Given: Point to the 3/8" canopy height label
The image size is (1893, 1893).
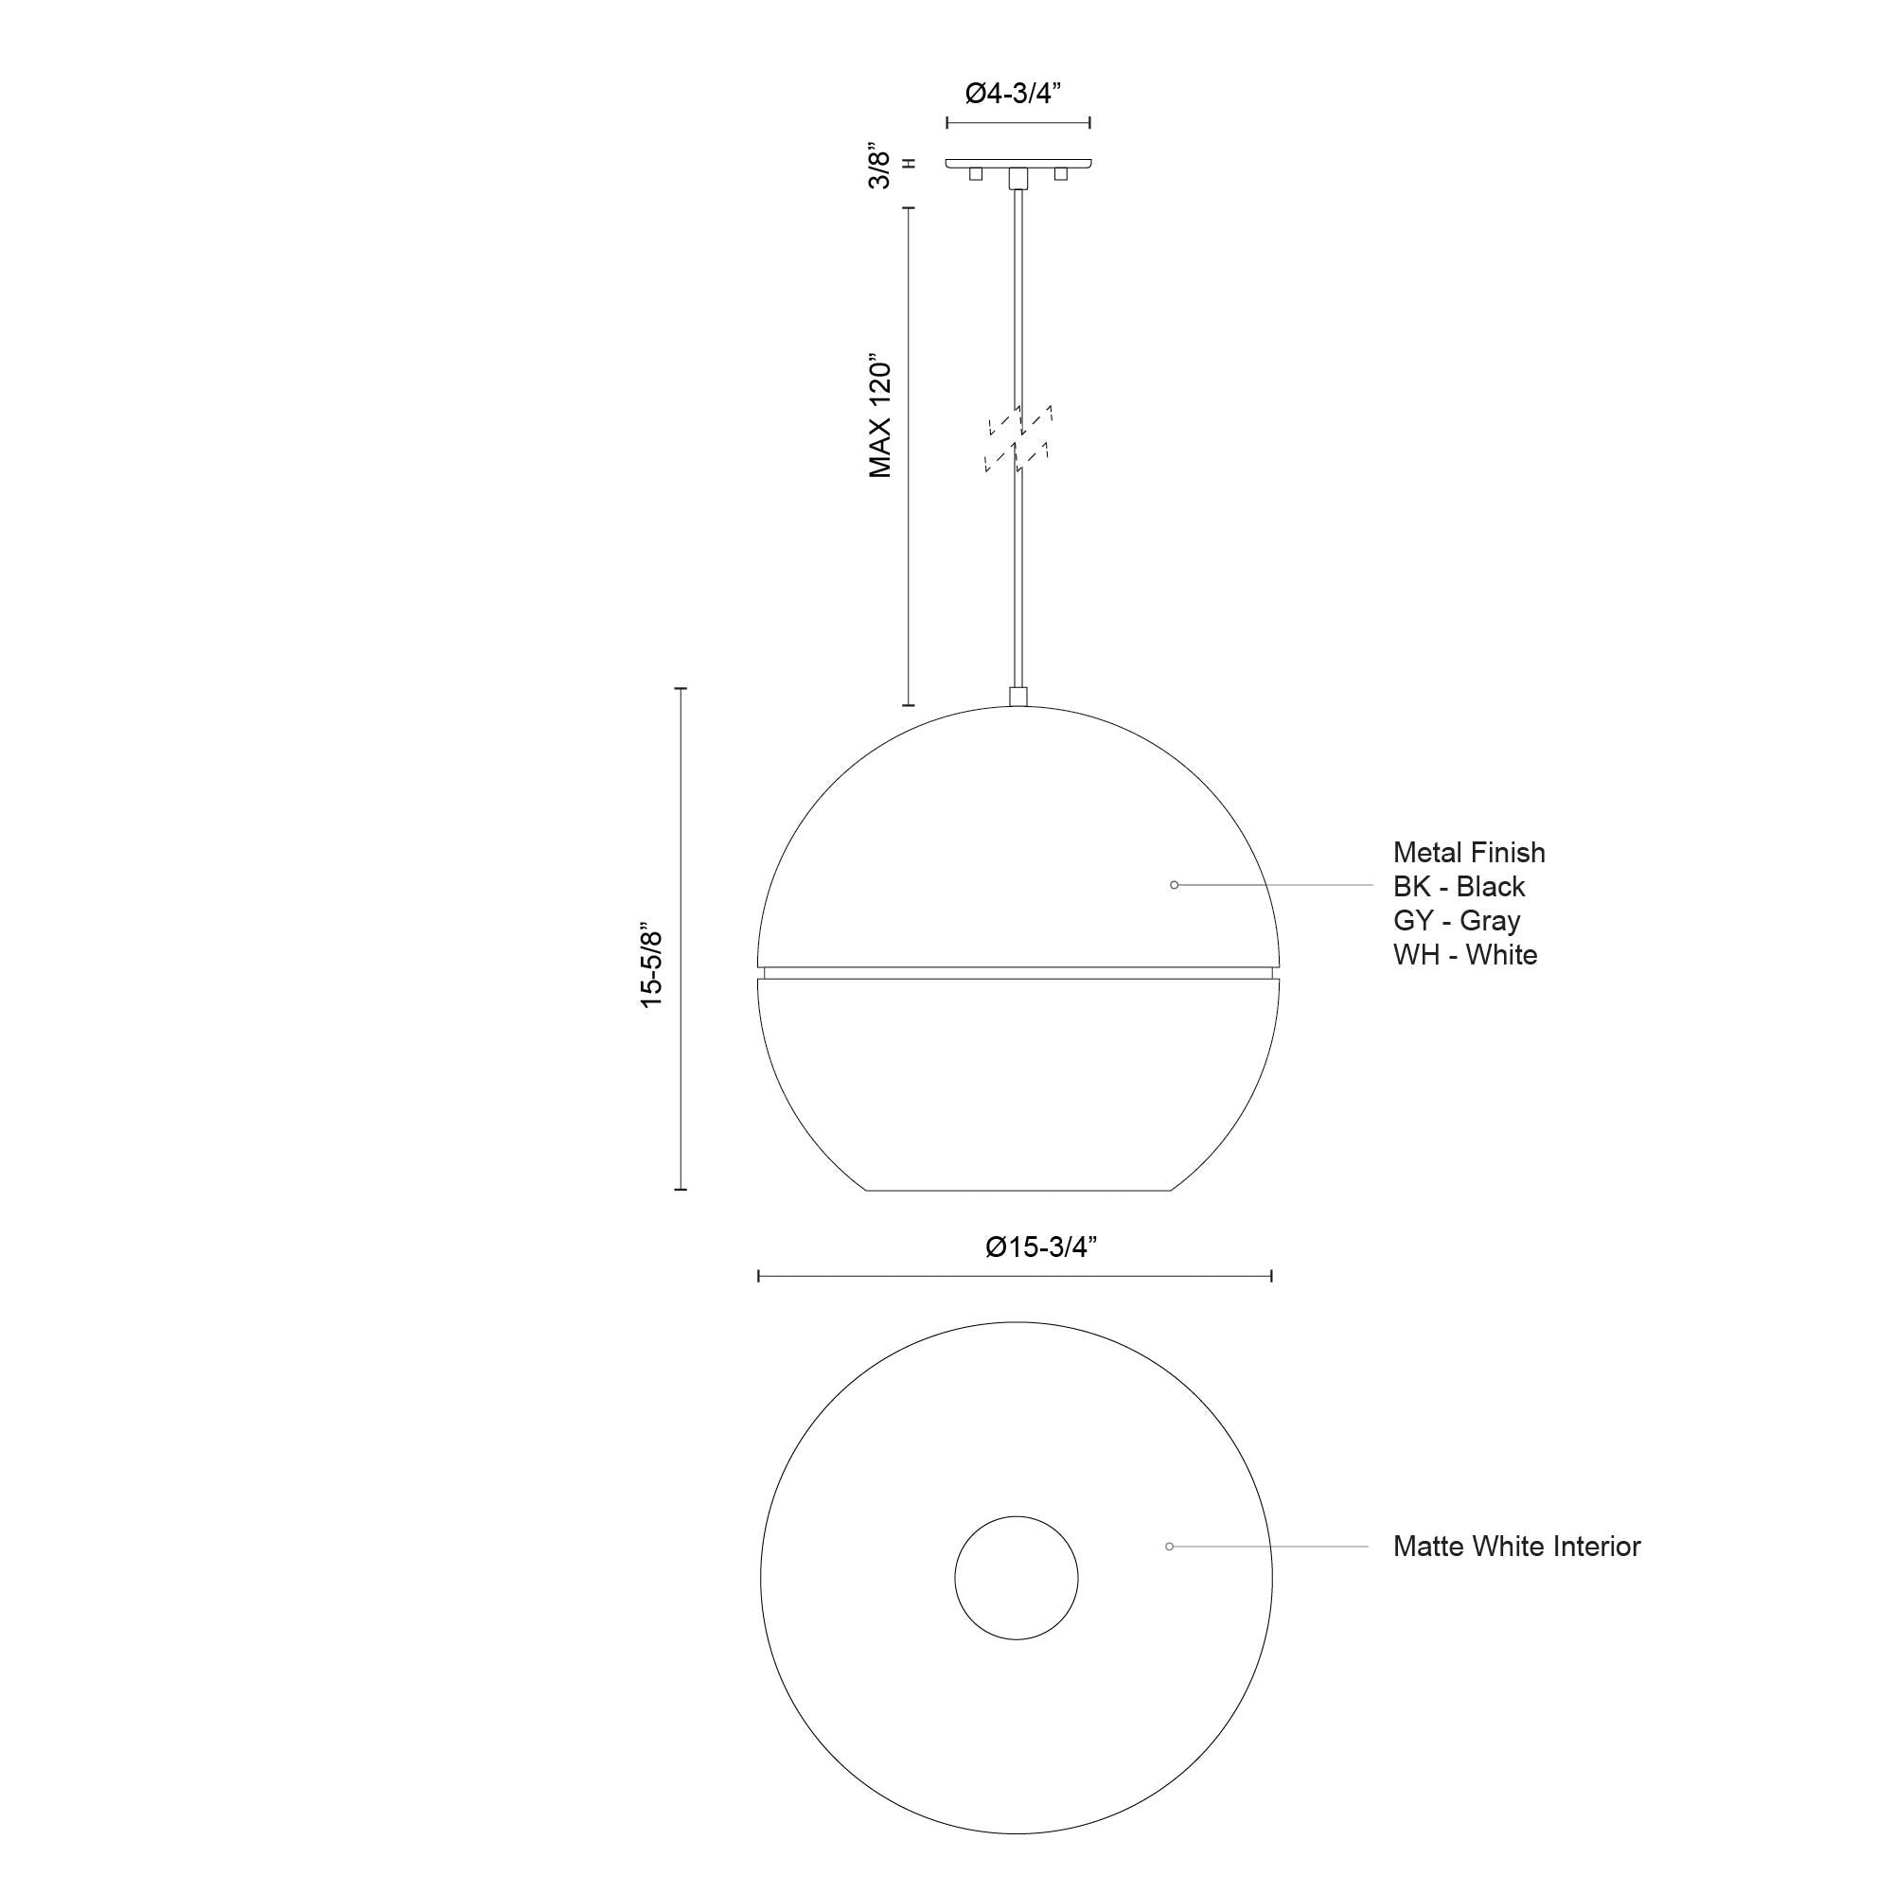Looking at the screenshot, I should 881,168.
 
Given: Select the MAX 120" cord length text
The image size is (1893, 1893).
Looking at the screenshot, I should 881,416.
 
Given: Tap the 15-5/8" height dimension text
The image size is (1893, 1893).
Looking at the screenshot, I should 651,965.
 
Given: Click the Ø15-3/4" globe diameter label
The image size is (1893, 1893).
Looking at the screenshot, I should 1040,1247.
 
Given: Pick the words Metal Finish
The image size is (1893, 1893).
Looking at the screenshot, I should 1469,853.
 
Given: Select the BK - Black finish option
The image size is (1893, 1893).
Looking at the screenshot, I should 1459,887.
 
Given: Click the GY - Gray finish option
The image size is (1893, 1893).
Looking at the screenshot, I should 1456,921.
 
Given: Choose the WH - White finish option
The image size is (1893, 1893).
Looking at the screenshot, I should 1465,954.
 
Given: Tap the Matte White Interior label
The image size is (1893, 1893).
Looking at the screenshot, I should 1515,1547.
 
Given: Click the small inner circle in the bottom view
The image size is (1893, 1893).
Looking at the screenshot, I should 1016,1579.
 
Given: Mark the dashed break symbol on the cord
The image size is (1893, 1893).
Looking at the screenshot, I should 1019,439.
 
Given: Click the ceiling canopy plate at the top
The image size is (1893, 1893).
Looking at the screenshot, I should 1019,163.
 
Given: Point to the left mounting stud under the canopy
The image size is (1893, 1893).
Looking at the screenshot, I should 975,173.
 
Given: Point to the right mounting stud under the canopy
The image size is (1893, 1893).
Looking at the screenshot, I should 1060,173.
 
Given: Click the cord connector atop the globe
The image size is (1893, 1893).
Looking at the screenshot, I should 1019,697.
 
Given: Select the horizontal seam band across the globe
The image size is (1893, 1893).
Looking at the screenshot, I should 1019,973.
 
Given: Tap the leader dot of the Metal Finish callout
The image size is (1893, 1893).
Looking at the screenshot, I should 1174,885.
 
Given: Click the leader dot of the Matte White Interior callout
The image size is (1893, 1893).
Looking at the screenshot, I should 1169,1547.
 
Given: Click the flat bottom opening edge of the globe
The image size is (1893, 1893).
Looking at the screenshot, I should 1019,1190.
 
